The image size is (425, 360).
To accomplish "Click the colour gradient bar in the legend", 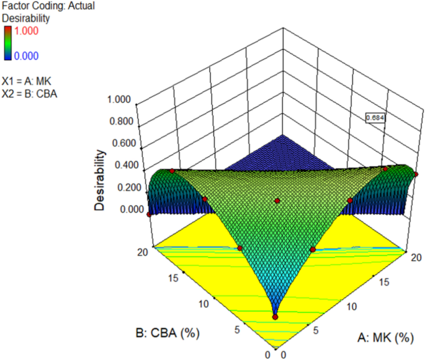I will click(x=7, y=43).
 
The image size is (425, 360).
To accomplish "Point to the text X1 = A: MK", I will click(x=29, y=83).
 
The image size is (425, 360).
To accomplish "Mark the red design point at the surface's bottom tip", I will click(x=275, y=317).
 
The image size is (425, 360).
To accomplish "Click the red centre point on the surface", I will click(x=277, y=200).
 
